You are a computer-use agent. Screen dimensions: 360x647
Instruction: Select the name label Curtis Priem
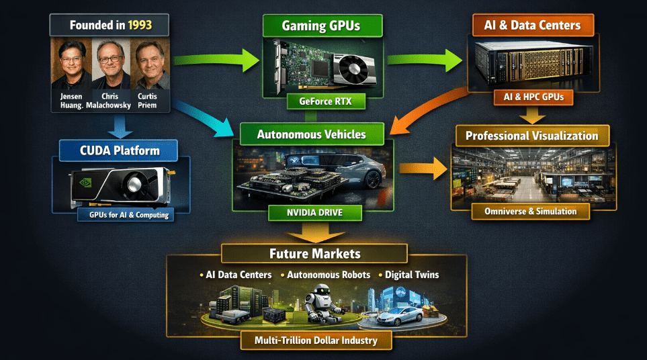click(148, 100)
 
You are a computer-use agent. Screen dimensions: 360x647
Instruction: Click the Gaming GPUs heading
click(322, 26)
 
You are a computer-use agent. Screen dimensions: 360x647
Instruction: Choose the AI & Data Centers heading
click(533, 26)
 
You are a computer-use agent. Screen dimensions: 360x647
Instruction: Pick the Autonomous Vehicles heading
click(311, 134)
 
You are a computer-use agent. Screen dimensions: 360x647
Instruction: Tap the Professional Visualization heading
click(531, 136)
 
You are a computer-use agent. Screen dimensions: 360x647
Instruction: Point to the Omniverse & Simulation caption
click(531, 211)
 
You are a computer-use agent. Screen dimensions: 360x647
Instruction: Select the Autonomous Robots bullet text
click(329, 275)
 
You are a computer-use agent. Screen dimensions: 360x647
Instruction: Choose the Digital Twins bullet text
click(412, 275)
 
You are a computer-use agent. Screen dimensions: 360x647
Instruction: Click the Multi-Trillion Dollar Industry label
click(316, 341)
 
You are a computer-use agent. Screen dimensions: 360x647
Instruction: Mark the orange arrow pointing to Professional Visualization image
click(424, 169)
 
